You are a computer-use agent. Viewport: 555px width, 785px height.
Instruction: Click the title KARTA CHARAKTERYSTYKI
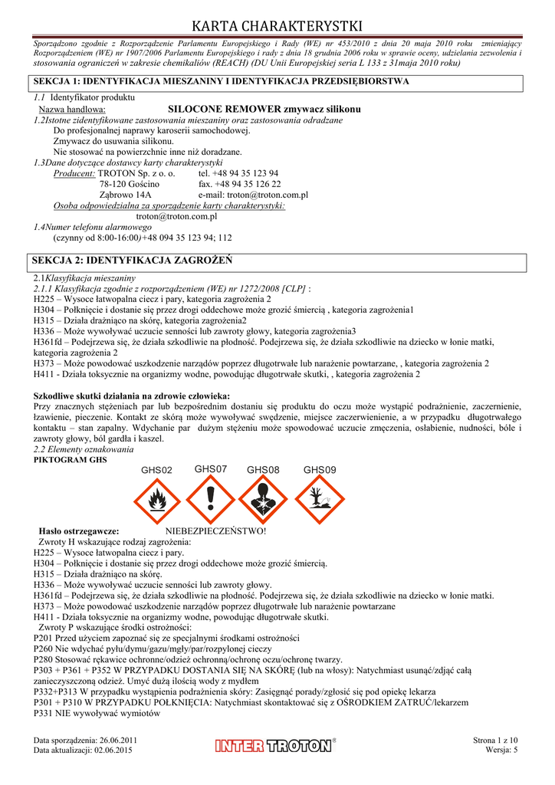(277, 28)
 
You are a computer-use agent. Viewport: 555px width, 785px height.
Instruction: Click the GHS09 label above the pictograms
(320, 469)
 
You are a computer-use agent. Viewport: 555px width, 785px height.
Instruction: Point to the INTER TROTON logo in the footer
(276, 744)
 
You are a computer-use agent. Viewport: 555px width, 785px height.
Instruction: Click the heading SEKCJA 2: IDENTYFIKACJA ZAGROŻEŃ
(131, 261)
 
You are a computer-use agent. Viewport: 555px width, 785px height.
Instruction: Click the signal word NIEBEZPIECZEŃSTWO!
(215, 530)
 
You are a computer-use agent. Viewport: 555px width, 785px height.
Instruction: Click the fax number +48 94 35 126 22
(239, 184)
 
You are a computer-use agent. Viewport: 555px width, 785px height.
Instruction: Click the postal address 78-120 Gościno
(129, 184)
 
